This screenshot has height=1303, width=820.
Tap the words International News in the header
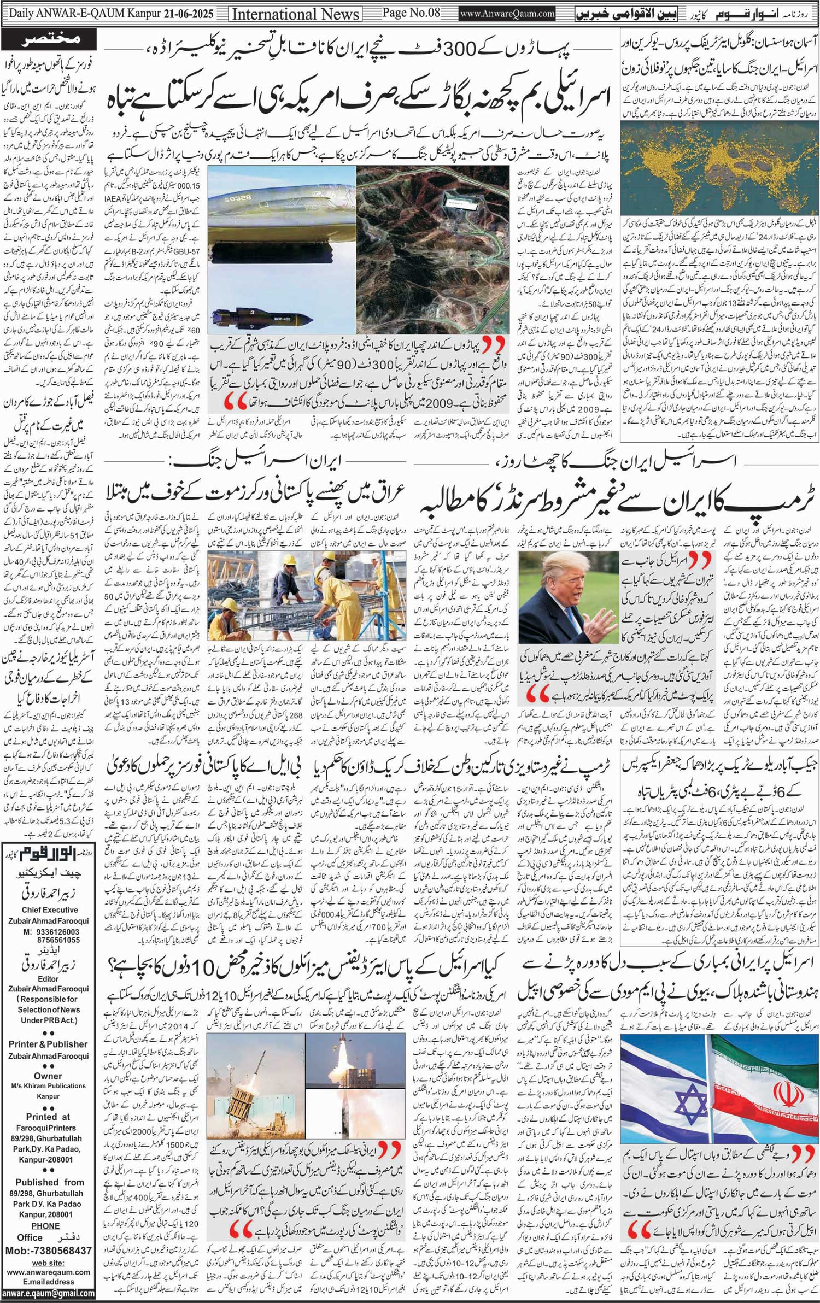click(296, 14)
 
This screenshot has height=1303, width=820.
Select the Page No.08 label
click(411, 13)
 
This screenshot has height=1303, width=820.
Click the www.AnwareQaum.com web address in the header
click(507, 14)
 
